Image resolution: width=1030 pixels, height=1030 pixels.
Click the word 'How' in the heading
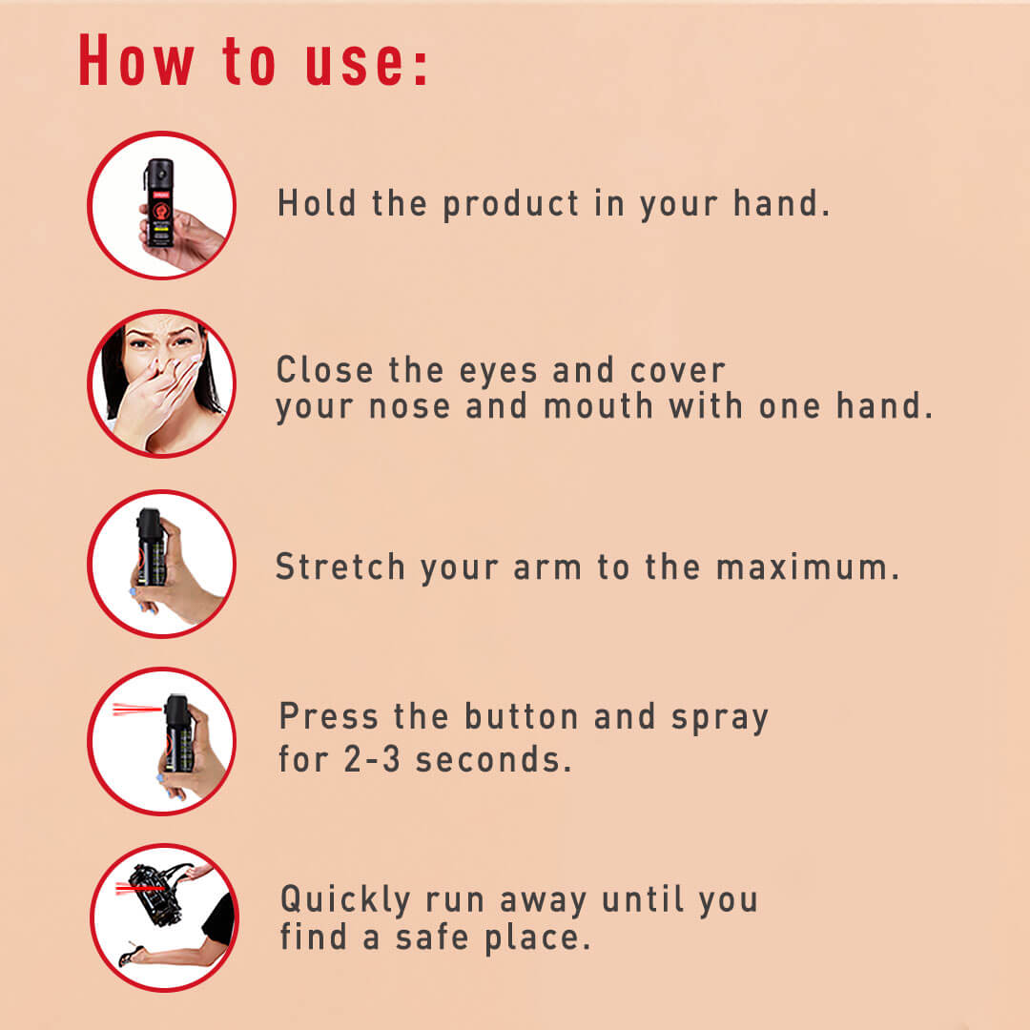[136, 62]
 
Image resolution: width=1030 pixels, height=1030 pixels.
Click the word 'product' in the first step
[510, 204]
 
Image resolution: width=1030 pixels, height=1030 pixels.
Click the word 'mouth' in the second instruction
[598, 405]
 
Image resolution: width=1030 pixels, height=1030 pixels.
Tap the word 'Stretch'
[340, 566]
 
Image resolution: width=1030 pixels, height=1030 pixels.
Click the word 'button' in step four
[521, 716]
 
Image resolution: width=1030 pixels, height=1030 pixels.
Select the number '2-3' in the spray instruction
[372, 759]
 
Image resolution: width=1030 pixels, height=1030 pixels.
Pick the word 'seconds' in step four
[487, 759]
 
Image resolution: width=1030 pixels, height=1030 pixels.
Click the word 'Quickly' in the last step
[345, 900]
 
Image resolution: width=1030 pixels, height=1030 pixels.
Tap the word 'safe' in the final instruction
[432, 937]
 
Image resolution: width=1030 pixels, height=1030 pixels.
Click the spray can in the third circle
[151, 547]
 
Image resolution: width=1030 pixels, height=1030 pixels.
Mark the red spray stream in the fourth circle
[136, 709]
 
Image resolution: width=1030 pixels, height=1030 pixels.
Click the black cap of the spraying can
[176, 711]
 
